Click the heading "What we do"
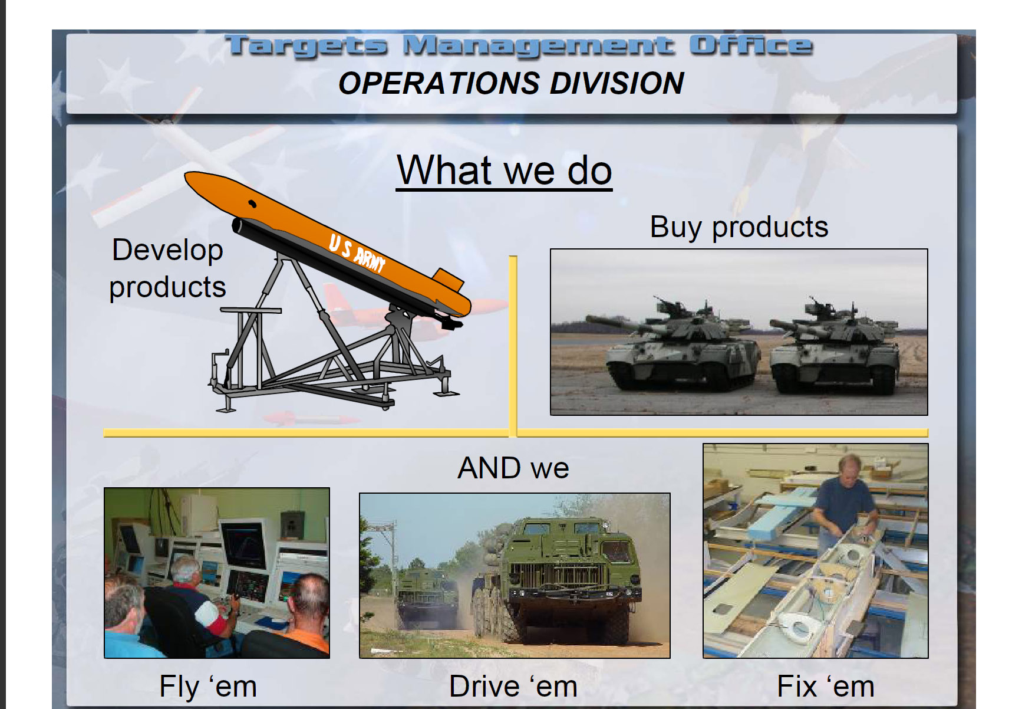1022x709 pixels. point(505,170)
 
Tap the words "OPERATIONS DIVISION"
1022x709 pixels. point(511,83)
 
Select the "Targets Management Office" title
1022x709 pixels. point(519,46)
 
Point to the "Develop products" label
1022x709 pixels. point(167,269)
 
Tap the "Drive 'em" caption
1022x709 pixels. point(513,687)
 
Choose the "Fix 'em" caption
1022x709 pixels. point(826,687)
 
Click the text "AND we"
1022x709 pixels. point(513,468)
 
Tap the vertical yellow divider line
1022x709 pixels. point(513,346)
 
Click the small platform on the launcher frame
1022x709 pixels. point(250,310)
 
